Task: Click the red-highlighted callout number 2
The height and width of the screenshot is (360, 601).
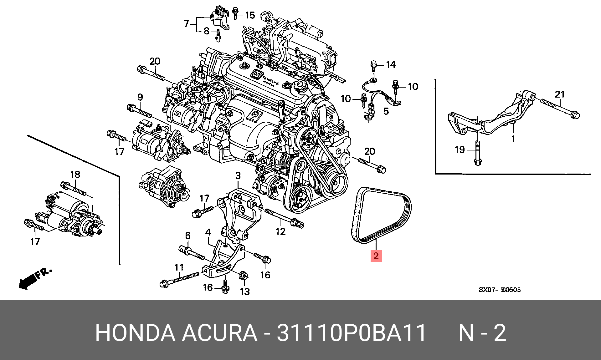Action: point(376,256)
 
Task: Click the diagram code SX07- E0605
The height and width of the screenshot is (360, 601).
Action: point(499,290)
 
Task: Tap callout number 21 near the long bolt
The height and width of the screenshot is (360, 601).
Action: point(559,94)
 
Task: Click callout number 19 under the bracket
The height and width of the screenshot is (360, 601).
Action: point(460,150)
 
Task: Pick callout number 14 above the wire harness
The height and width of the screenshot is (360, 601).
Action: point(391,65)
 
